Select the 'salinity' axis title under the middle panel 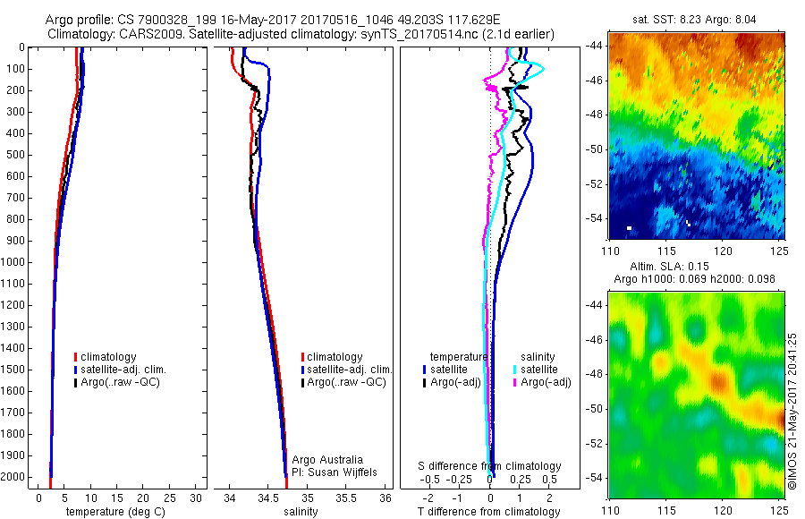[301, 512]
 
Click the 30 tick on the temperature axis [196, 498]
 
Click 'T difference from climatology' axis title [489, 512]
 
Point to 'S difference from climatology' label [490, 466]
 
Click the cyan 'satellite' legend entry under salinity [539, 369]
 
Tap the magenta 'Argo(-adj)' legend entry [543, 382]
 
